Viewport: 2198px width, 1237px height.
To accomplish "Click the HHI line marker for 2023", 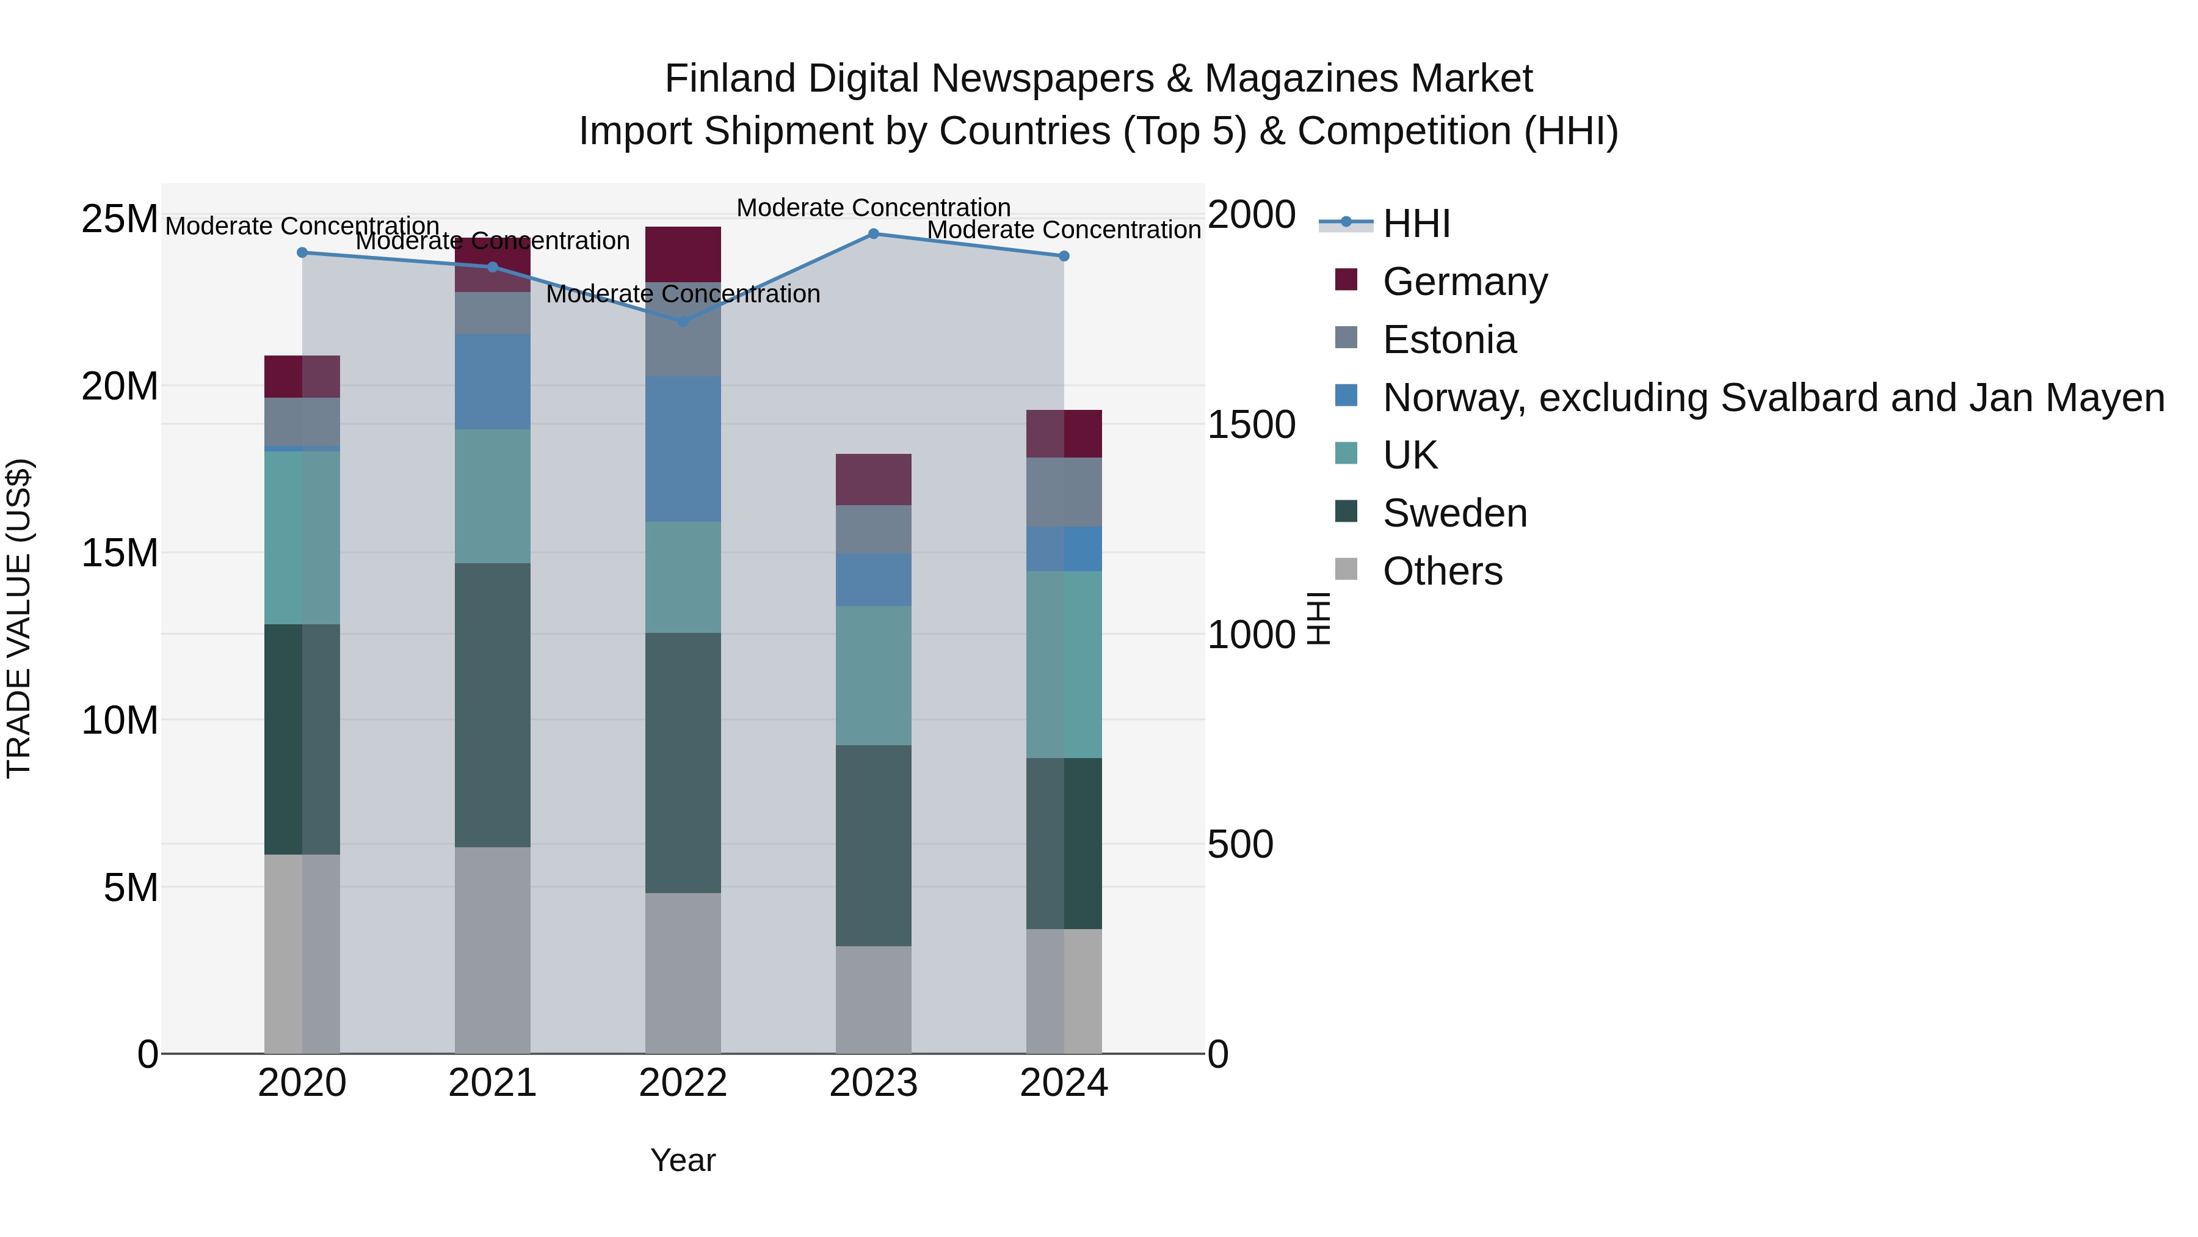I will pyautogui.click(x=873, y=234).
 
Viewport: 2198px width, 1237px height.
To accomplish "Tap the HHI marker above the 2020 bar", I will pyautogui.click(x=302, y=253).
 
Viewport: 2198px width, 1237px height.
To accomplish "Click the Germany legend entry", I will pyautogui.click(x=1464, y=282).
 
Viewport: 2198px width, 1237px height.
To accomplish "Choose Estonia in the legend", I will pyautogui.click(x=1449, y=340).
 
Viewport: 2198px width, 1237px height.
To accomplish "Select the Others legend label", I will pyautogui.click(x=1442, y=571).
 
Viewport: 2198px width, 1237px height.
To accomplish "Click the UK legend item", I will pyautogui.click(x=1410, y=455).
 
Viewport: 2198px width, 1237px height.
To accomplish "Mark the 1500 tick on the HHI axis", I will pyautogui.click(x=1251, y=425).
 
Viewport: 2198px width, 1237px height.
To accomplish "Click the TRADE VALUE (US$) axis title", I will pyautogui.click(x=19, y=618).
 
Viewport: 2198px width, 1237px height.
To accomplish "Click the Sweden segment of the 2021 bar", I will pyautogui.click(x=492, y=705).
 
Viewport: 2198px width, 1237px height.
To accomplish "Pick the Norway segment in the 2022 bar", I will pyautogui.click(x=683, y=449).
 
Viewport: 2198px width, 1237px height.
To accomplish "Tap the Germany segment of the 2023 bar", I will pyautogui.click(x=873, y=480).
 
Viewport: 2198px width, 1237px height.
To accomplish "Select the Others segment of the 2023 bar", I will pyautogui.click(x=873, y=999).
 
